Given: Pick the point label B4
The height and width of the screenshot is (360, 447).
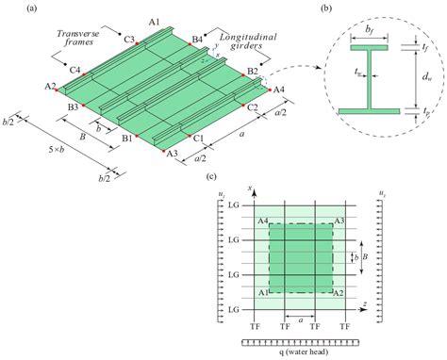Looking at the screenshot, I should click(x=196, y=39).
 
